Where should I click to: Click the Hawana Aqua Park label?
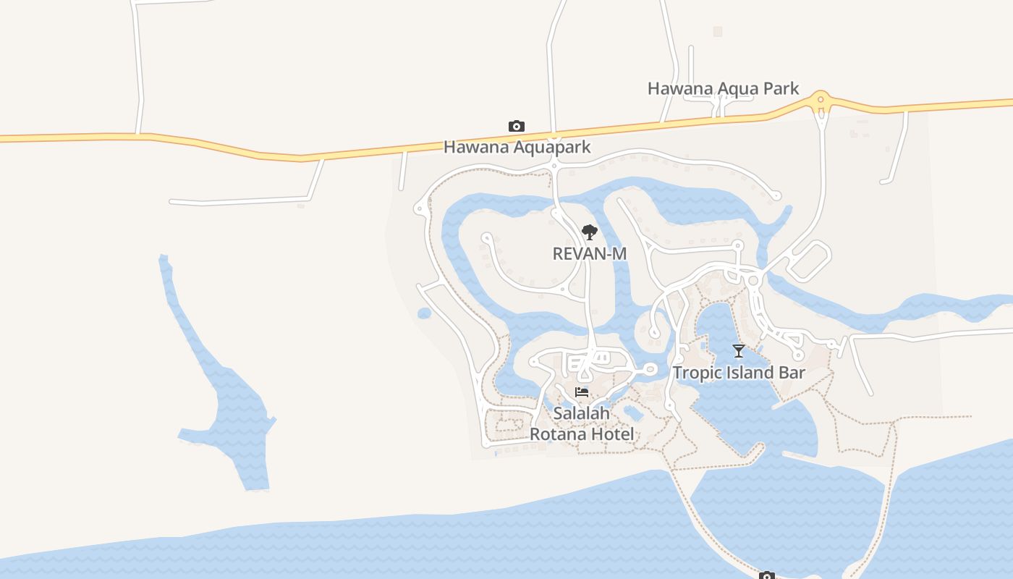[723, 89]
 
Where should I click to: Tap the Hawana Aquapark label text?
[517, 148]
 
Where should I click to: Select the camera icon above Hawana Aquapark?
[516, 127]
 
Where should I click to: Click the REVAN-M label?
[589, 254]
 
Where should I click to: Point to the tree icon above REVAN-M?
[590, 232]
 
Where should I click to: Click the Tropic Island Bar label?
[738, 373]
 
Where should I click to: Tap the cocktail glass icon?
[738, 351]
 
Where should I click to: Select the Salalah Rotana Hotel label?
[582, 423]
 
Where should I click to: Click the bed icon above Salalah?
[582, 392]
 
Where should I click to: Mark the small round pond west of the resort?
[424, 313]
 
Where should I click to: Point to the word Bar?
[791, 373]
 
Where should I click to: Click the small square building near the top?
[718, 31]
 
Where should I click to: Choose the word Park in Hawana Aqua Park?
[779, 89]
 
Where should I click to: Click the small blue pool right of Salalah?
[633, 413]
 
